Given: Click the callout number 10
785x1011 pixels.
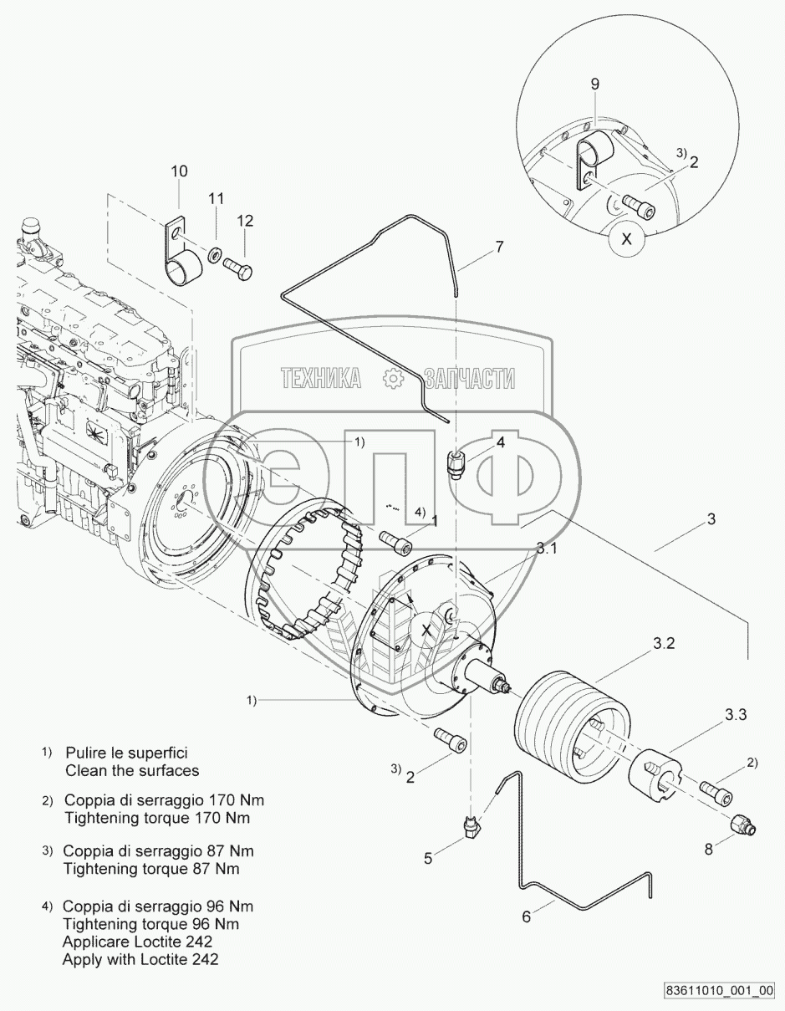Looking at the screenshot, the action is (x=179, y=171).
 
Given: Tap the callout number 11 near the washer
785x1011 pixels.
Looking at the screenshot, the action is (x=217, y=199).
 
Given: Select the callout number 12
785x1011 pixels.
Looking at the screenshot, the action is (x=245, y=221).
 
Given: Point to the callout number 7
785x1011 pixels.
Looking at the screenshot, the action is (x=499, y=247).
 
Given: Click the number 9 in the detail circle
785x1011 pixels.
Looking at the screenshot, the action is (x=594, y=84).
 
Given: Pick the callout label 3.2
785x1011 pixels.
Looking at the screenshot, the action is (x=664, y=643).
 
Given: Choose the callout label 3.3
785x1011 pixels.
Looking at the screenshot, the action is (x=736, y=714).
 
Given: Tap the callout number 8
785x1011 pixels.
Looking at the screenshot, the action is (x=708, y=849).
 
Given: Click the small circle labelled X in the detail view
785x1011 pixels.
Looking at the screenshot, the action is (x=626, y=240).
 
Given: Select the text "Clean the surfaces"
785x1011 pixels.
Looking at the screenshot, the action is (x=132, y=770).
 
